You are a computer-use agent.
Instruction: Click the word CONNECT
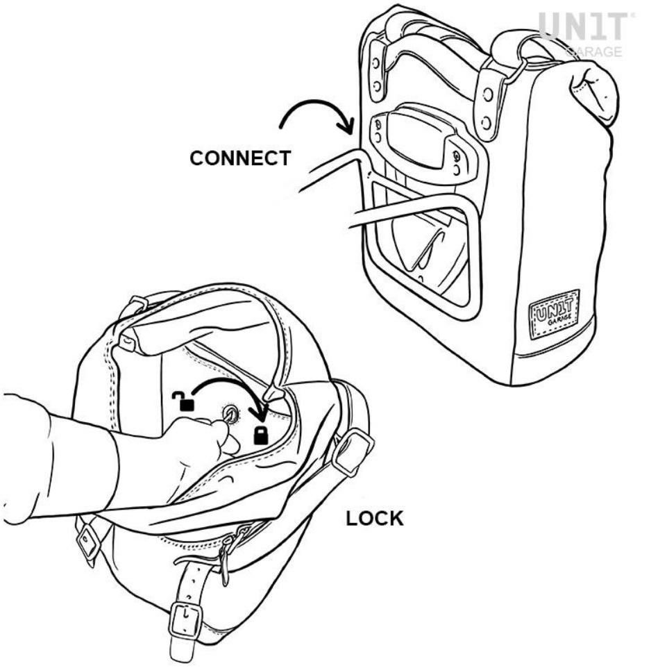[x=240, y=158]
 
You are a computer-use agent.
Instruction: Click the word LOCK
[x=374, y=519]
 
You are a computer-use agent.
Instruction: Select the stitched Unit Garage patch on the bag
[x=554, y=314]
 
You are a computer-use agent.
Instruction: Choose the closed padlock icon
[x=261, y=435]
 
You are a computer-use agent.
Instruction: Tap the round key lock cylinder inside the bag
[x=231, y=414]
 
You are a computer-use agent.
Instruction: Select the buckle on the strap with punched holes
[x=186, y=620]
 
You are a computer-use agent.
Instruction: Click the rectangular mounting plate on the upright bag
[x=416, y=145]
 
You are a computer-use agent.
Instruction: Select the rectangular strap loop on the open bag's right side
[x=353, y=451]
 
